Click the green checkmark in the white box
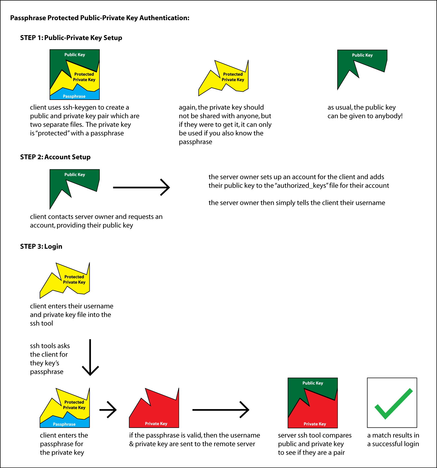pyautogui.click(x=393, y=404)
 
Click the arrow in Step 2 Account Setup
pyautogui.click(x=141, y=187)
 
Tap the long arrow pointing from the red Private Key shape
pyautogui.click(x=221, y=410)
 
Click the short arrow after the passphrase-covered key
pyautogui.click(x=108, y=410)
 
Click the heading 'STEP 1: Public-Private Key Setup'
pyautogui.click(x=71, y=38)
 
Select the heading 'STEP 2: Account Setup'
pyautogui.click(x=55, y=157)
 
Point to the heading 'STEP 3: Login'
pyautogui.click(x=41, y=246)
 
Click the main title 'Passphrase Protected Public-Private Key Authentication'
pyautogui.click(x=100, y=18)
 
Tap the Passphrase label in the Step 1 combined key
pyautogui.click(x=74, y=96)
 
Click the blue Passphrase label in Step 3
pyautogui.click(x=64, y=424)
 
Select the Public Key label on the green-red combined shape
pyautogui.click(x=313, y=383)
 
